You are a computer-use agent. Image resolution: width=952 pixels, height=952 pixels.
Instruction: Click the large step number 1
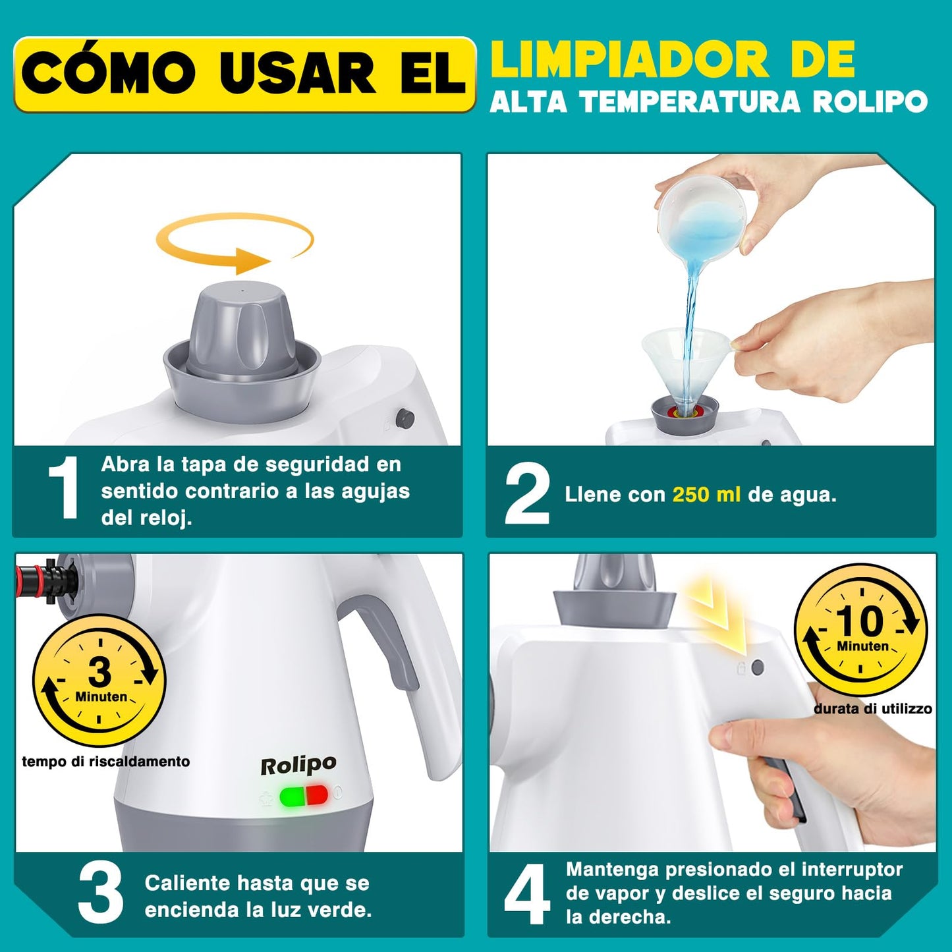pyautogui.click(x=65, y=488)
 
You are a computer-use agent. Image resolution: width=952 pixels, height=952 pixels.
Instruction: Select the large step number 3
pyautogui.click(x=100, y=895)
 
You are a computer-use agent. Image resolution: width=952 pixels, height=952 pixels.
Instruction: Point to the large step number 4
pyautogui.click(x=526, y=895)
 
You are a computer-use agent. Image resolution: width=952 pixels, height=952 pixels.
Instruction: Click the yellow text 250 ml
pyautogui.click(x=706, y=495)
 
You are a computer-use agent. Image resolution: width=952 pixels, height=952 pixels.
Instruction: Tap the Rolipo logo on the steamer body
pyautogui.click(x=298, y=766)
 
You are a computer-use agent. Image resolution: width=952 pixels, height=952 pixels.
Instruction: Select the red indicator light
pyautogui.click(x=318, y=795)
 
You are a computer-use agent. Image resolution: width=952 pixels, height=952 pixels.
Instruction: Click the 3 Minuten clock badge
pyautogui.click(x=99, y=681)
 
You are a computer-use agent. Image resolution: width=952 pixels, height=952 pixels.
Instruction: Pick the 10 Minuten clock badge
pyautogui.click(x=860, y=630)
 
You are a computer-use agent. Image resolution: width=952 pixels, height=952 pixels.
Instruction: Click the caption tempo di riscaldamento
pyautogui.click(x=105, y=762)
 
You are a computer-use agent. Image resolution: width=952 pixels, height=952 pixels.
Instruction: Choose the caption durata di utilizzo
pyautogui.click(x=872, y=709)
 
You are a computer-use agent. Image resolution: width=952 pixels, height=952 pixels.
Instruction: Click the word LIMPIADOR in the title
pyautogui.click(x=629, y=60)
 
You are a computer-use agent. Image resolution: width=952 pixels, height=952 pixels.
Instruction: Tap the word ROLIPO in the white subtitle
pyautogui.click(x=870, y=102)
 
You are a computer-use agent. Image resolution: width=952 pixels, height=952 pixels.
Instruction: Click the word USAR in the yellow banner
pyautogui.click(x=298, y=74)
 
